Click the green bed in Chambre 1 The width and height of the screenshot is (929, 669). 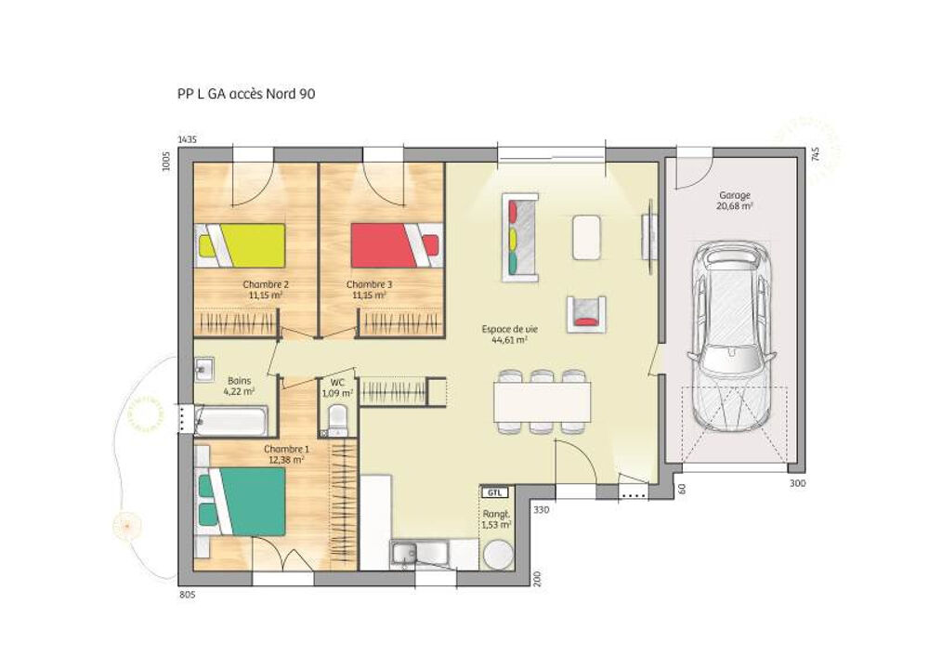point(244,501)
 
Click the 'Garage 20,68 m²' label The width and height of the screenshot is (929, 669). point(734,201)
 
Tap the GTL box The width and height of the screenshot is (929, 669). point(493,493)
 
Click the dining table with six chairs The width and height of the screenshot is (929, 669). point(543,401)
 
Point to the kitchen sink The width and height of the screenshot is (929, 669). point(405,555)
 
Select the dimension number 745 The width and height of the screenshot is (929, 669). point(814,155)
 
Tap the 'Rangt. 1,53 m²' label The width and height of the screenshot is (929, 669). point(496,519)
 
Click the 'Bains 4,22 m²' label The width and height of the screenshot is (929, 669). point(239,386)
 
